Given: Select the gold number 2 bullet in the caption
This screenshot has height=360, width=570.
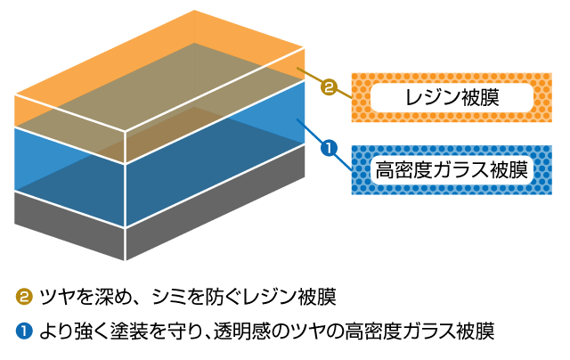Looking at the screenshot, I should (24, 295).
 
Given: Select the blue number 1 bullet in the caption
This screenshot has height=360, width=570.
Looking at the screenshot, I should (24, 331).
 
